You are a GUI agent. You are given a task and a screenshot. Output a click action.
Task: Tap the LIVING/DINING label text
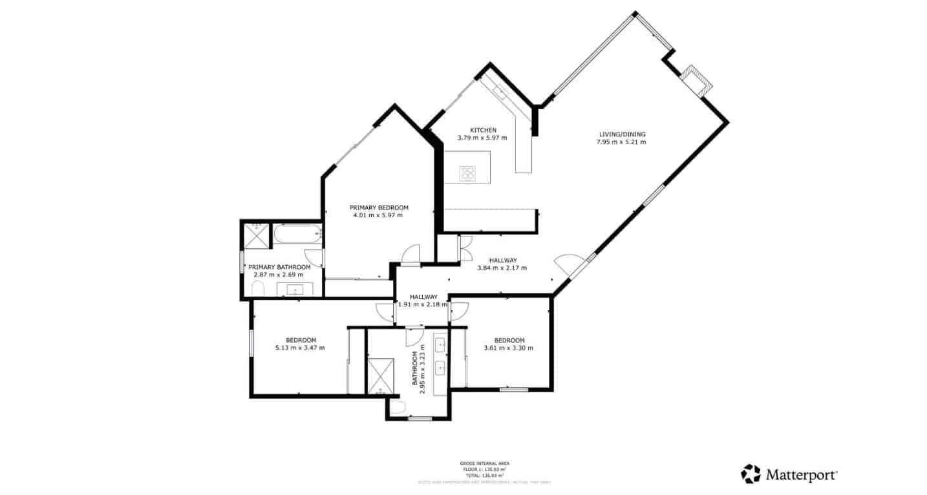621,134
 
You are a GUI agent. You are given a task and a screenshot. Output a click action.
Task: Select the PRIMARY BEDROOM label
379,207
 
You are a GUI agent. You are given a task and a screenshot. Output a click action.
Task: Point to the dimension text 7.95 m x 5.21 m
621,142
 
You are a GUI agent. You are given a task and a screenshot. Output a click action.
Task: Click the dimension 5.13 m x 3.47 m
300,348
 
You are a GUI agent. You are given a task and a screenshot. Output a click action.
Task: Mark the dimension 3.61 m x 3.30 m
509,348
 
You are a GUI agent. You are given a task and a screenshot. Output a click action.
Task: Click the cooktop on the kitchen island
467,173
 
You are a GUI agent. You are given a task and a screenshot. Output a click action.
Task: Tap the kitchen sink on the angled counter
500,92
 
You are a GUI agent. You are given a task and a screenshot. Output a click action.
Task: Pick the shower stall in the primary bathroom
255,236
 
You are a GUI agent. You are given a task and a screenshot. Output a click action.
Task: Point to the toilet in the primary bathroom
257,288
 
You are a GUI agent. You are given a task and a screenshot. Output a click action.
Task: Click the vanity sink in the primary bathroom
295,288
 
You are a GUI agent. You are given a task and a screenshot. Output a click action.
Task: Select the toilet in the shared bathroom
398,407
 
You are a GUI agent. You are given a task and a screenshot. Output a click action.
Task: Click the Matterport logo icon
751,474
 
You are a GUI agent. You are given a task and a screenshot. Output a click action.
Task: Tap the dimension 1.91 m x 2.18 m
423,304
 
